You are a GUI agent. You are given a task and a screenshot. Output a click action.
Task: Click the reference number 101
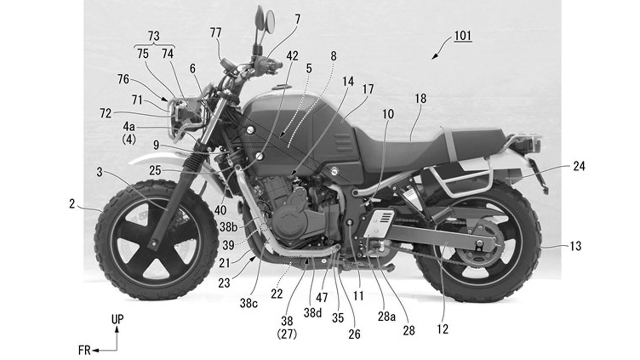coord(463,36)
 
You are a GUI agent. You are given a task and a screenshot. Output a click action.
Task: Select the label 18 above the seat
coord(421,98)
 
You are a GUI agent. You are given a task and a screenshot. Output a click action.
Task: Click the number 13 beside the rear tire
coord(575,246)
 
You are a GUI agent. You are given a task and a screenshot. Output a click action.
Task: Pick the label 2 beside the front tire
coord(72,204)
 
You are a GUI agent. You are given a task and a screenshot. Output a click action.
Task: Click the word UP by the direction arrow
coord(117,319)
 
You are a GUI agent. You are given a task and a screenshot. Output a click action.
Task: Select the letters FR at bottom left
coord(84,351)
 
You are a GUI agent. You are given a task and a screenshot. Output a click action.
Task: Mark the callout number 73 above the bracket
coord(154,36)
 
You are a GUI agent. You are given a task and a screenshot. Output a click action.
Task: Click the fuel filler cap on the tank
coord(281,87)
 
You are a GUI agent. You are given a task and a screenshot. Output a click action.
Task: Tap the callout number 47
coord(322,298)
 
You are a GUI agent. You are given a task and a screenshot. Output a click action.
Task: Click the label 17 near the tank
coord(368,89)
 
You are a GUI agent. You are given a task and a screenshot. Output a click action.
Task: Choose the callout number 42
coord(292,56)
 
